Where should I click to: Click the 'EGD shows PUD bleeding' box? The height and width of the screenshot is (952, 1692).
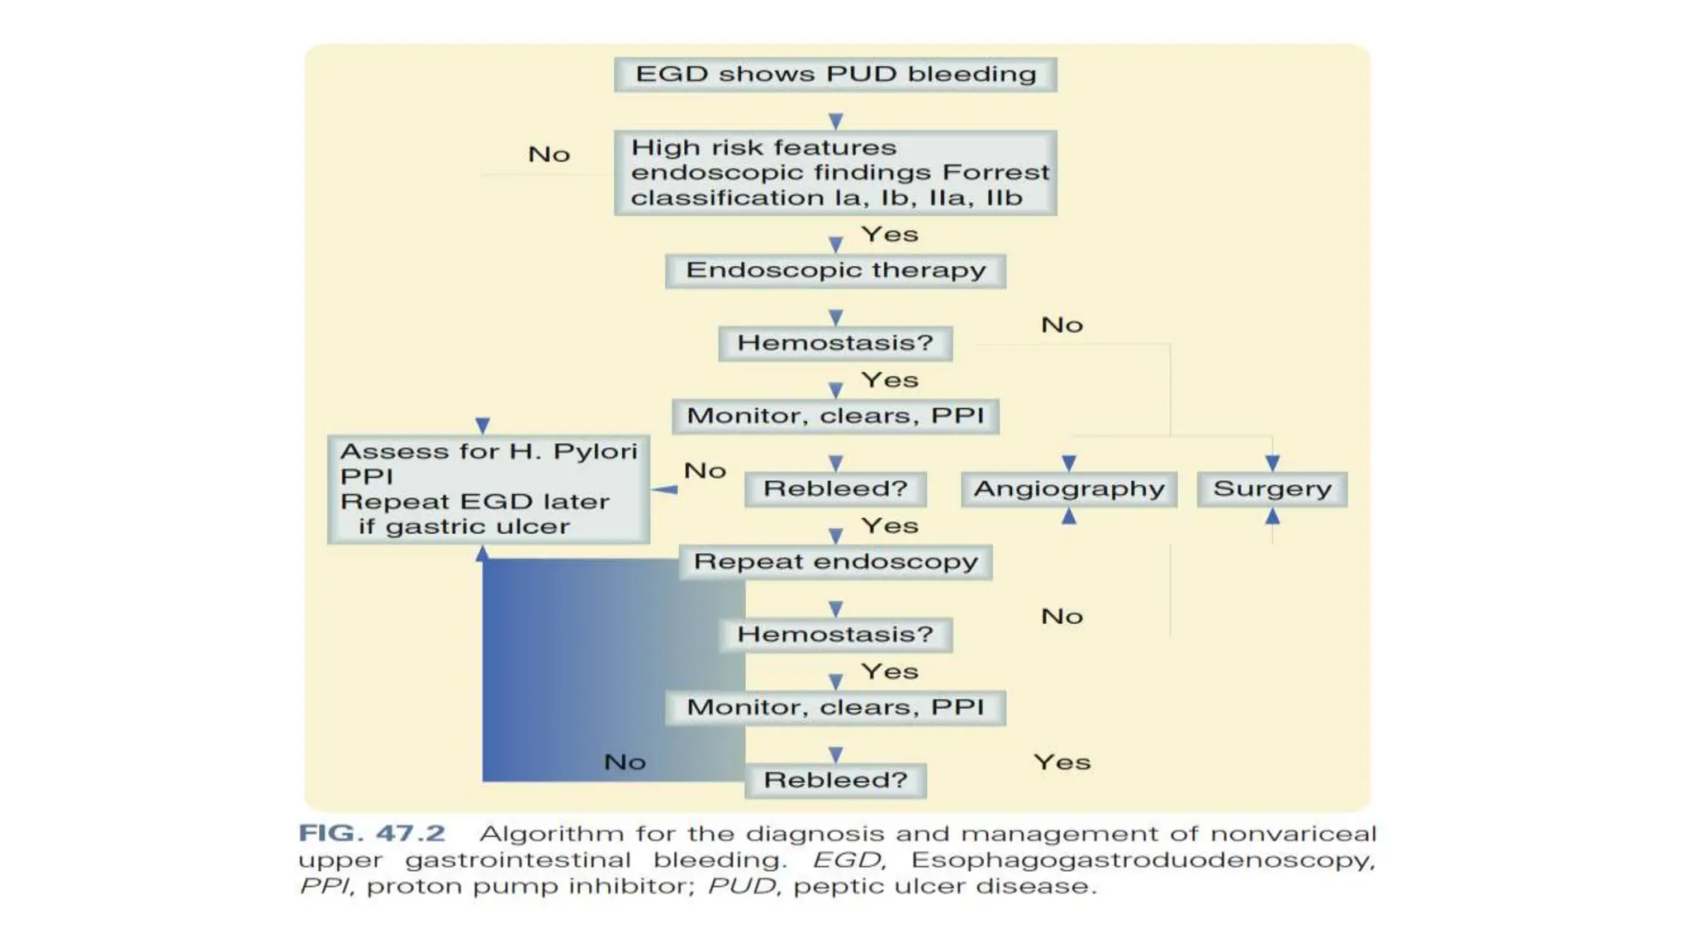click(835, 74)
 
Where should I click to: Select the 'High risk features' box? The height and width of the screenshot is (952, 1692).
click(835, 173)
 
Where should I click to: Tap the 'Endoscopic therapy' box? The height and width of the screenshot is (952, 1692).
click(835, 270)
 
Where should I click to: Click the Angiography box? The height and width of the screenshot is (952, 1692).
click(1069, 489)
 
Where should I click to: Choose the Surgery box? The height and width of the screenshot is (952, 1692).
click(1272, 489)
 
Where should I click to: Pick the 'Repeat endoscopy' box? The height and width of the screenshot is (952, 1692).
click(835, 562)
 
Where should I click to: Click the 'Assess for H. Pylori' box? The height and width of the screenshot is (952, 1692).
click(488, 489)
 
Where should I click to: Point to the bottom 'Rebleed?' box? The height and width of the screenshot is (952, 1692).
click(835, 780)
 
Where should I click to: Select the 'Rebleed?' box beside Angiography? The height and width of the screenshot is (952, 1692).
click(835, 489)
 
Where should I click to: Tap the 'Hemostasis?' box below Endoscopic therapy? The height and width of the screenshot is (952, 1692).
click(835, 343)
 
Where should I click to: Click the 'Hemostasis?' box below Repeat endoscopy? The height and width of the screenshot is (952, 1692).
click(835, 635)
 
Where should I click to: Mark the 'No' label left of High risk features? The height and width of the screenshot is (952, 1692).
click(549, 155)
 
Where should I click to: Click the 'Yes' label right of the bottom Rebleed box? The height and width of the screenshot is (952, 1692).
click(1062, 762)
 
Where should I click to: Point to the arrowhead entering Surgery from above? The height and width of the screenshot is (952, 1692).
click(1272, 463)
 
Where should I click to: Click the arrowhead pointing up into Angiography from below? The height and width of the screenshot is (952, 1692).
click(1069, 516)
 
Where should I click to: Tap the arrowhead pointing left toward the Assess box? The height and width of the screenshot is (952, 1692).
click(663, 490)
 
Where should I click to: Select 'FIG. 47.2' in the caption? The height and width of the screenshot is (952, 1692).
click(372, 833)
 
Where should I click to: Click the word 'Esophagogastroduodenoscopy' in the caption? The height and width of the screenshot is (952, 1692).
click(1143, 860)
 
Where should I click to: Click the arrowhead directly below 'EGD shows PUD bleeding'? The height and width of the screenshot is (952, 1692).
click(835, 121)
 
